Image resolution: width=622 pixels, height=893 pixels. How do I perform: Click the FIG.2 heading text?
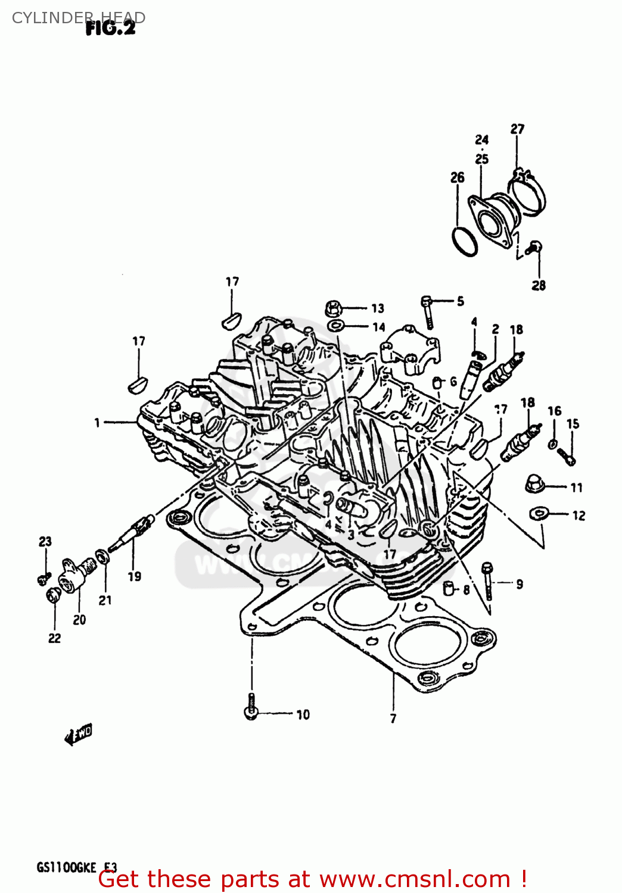pos(110,27)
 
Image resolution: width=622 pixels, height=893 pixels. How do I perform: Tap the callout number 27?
pos(517,129)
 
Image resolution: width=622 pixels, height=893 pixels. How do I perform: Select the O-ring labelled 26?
pos(465,241)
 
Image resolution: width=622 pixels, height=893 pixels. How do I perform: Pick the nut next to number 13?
pos(334,308)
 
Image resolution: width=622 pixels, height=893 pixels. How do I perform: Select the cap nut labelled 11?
pos(534,484)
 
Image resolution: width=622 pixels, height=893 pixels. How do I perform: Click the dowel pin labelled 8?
pos(449,588)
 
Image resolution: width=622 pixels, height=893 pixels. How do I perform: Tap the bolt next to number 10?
pos(251,707)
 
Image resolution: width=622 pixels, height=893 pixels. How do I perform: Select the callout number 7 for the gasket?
pos(393,719)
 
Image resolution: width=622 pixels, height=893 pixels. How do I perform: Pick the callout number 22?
pos(54,638)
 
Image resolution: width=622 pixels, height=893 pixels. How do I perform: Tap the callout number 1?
pos(97,423)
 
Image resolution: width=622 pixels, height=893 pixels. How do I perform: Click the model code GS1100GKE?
pos(66,867)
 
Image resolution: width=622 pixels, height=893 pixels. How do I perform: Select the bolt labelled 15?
pos(566,456)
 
